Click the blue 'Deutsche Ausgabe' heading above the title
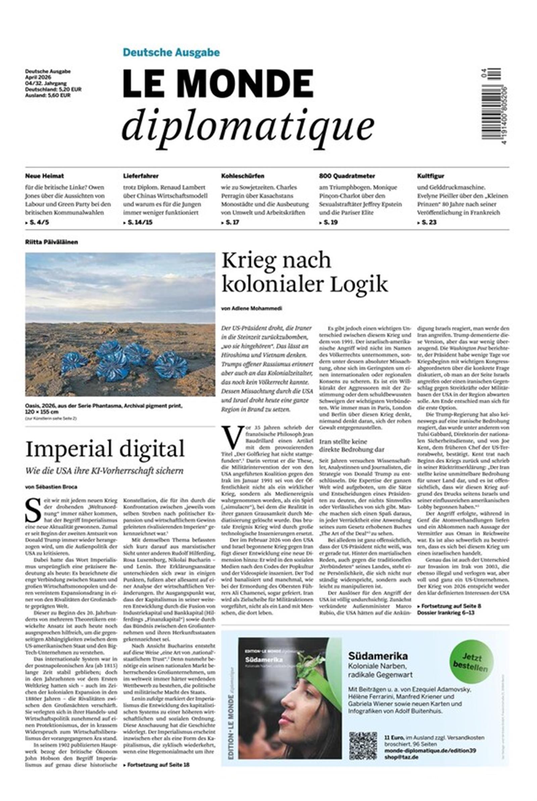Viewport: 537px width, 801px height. (x=171, y=52)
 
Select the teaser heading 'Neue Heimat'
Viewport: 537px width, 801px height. (x=45, y=176)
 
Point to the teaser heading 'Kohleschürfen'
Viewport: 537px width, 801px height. (x=242, y=176)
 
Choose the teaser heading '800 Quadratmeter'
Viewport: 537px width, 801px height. (x=347, y=176)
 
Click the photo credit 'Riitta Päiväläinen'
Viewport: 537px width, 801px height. (x=51, y=242)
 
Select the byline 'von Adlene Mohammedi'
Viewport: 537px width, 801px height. (x=252, y=308)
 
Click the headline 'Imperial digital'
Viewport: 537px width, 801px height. (x=105, y=448)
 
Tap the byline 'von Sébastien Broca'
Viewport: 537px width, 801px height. (x=51, y=487)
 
